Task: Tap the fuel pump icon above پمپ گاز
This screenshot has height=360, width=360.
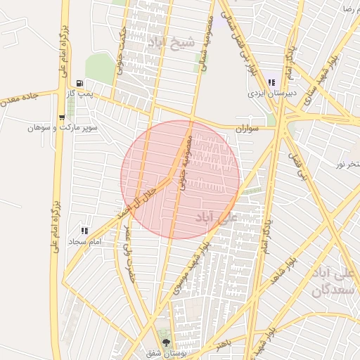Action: [88, 82]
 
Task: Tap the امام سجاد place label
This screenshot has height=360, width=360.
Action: [85, 241]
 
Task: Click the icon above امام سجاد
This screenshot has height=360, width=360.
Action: [85, 231]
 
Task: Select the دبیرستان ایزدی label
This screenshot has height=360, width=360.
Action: [272, 93]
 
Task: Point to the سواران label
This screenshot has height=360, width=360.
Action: [248, 129]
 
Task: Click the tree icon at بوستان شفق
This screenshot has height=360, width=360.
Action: [166, 343]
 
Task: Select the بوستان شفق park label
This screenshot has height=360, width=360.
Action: [166, 353]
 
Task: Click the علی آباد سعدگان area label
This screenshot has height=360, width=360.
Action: [333, 281]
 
